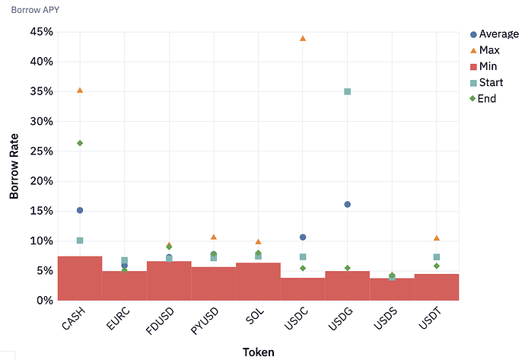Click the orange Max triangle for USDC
(303, 38)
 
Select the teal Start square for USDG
(348, 91)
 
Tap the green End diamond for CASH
(80, 143)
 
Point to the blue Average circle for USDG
(348, 204)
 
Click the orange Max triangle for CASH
(80, 91)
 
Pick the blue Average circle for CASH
(80, 210)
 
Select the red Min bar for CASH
(80, 279)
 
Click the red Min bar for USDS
(392, 289)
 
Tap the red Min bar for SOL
(258, 282)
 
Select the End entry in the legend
(486, 98)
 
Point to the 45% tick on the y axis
(41, 32)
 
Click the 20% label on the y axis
(41, 181)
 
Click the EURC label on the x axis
(116, 319)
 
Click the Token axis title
(258, 352)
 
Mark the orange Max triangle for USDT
(436, 238)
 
